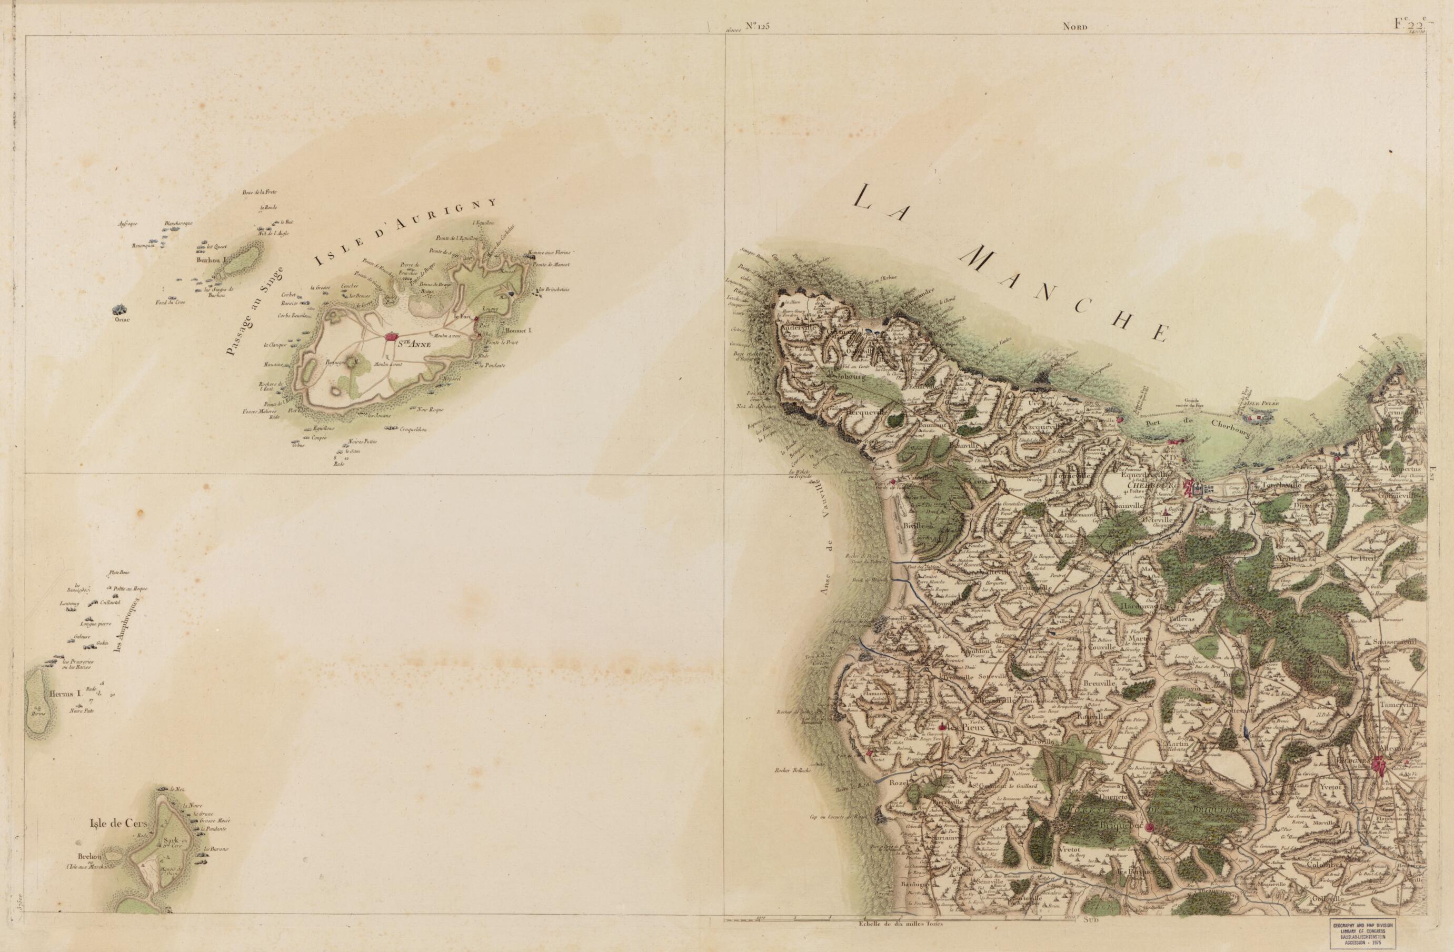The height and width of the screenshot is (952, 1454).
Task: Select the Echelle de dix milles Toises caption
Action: pyautogui.click(x=901, y=941)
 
